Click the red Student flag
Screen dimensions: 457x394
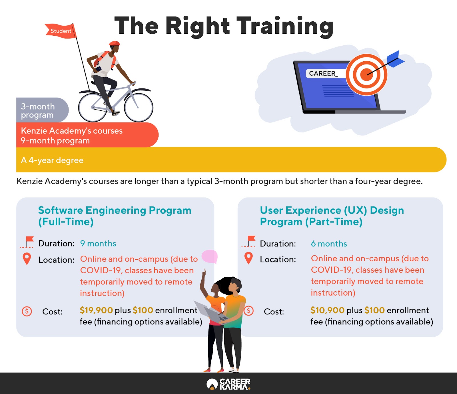(x=61, y=31)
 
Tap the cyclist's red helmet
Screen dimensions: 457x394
(x=115, y=43)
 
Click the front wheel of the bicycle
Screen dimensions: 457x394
(x=139, y=107)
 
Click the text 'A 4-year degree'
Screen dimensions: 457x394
(x=52, y=160)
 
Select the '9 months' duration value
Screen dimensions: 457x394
(x=98, y=244)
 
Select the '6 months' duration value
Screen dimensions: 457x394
(x=329, y=244)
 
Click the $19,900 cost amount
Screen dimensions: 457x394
(x=96, y=310)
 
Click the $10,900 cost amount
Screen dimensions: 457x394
(x=327, y=310)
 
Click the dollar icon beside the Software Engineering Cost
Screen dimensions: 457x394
(x=27, y=311)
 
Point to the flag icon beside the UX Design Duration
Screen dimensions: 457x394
(x=249, y=241)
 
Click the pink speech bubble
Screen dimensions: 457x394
(x=210, y=256)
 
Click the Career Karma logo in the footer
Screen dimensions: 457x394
(x=228, y=384)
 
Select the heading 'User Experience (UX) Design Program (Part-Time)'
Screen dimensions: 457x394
(x=332, y=216)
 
